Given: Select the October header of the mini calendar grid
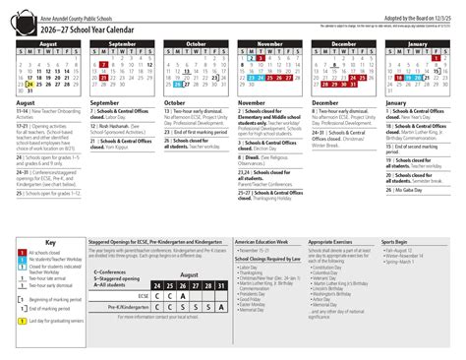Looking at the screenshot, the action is click(197, 44).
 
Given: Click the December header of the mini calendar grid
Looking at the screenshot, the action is click(343, 44).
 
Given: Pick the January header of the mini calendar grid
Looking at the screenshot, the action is click(418, 44).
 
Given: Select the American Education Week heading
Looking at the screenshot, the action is click(262, 242).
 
